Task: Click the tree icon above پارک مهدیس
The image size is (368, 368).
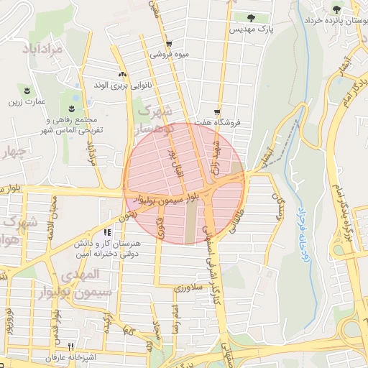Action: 250,18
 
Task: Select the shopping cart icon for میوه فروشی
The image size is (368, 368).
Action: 169,43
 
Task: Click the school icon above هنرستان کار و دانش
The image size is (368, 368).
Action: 107,233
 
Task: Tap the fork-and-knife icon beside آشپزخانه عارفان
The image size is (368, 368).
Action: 70,346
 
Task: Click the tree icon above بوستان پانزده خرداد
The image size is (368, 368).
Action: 337,9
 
